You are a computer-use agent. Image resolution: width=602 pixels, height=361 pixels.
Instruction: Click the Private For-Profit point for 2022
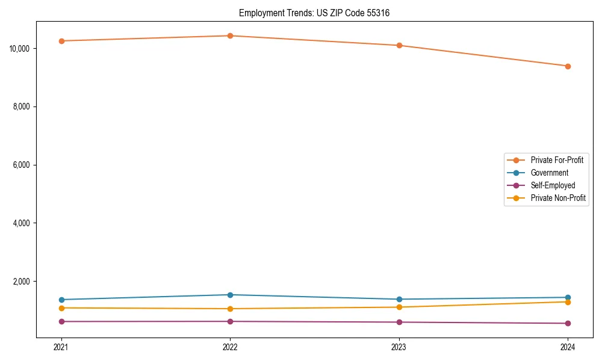point(230,35)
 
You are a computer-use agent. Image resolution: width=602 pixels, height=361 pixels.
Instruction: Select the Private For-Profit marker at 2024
point(568,66)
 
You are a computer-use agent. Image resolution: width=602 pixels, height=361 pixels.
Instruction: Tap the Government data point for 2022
point(230,295)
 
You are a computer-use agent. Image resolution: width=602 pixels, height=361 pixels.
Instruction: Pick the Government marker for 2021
point(61,300)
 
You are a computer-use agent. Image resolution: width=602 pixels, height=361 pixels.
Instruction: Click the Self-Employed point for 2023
point(399,322)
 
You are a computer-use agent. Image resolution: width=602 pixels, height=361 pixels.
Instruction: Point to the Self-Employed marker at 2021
point(61,321)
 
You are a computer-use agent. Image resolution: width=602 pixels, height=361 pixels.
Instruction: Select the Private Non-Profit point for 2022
point(230,309)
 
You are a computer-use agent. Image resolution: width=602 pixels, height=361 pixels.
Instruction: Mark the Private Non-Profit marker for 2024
point(568,301)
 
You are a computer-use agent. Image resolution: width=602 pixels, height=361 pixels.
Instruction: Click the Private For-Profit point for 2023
point(399,45)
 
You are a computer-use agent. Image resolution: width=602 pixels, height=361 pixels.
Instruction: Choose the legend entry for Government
point(549,173)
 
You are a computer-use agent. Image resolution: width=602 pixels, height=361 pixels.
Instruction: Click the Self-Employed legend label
point(553,185)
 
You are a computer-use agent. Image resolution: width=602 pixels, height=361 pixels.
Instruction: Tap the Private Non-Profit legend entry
point(558,198)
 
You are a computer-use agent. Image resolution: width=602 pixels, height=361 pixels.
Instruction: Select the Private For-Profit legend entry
point(557,160)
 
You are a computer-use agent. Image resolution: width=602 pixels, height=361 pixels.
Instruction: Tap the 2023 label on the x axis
point(399,347)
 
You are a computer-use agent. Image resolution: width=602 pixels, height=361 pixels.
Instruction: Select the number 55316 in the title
point(377,13)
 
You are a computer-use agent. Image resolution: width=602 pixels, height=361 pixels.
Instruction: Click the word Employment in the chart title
point(258,13)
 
